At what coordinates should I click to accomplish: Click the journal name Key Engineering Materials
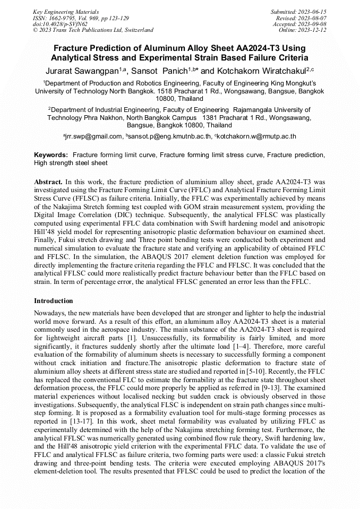tap(66, 11)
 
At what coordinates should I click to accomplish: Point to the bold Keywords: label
tap(51, 154)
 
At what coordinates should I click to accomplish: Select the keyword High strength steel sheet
tap(71, 163)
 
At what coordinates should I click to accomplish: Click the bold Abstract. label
tap(48, 182)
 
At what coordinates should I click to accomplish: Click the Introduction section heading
tap(54, 301)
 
